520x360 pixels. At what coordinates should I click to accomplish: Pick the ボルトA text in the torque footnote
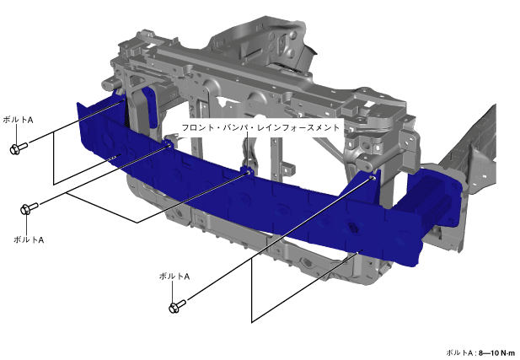pos(459,352)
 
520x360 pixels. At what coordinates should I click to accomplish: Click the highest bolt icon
pos(19,148)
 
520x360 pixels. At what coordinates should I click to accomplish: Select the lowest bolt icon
pos(178,306)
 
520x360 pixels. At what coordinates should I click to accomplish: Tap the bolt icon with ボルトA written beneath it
pos(29,208)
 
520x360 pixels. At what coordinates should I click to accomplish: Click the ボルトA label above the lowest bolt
pos(174,277)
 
